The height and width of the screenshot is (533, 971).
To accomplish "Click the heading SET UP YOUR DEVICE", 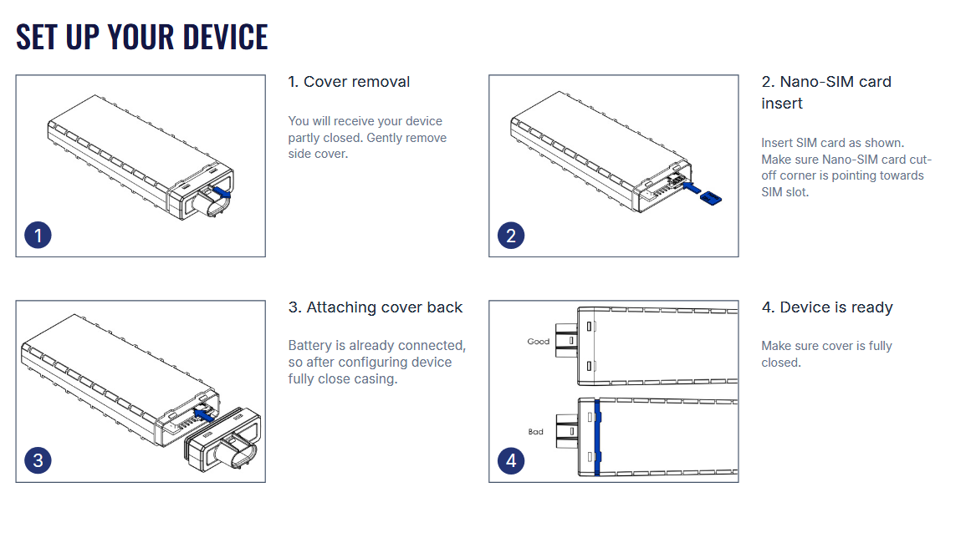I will (x=142, y=37).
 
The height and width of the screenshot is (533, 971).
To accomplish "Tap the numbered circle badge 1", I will (x=38, y=235).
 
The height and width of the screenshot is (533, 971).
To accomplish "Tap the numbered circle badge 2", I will (x=511, y=235).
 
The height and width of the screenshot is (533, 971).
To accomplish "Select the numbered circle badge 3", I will (x=38, y=459).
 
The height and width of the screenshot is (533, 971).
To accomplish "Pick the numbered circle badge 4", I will (x=511, y=459).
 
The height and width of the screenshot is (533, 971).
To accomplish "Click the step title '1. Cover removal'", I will (x=349, y=82).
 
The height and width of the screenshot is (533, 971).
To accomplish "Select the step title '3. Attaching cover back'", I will (x=375, y=307).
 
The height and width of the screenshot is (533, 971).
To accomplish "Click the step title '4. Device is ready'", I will (x=827, y=307).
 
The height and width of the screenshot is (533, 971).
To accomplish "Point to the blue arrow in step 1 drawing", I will (x=220, y=191).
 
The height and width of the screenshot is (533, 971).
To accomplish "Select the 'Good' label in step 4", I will (x=538, y=341).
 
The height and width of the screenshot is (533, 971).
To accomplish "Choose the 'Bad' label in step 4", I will (x=535, y=432).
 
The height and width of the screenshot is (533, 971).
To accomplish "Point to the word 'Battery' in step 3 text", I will (x=309, y=346).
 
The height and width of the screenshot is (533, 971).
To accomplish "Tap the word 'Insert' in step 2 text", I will (x=778, y=143).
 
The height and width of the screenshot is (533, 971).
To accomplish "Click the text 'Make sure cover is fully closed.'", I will (x=826, y=354).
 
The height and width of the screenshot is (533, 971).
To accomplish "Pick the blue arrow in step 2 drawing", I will (x=691, y=188).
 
